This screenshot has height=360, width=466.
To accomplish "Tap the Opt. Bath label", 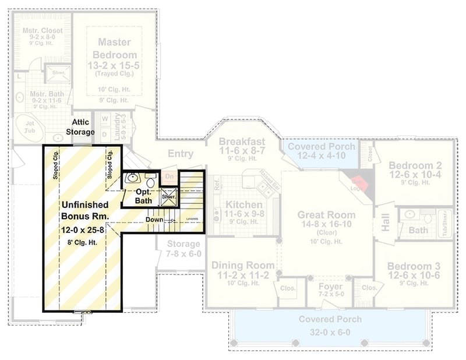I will click(143, 196).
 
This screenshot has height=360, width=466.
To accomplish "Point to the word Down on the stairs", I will click(154, 220).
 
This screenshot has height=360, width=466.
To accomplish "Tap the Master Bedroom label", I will click(114, 48).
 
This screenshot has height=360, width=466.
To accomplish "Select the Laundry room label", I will click(118, 125).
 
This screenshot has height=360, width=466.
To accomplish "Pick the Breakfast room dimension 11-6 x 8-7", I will click(242, 151).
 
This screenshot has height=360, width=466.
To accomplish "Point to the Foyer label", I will click(330, 287).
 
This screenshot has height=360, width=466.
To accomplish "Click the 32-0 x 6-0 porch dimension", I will click(330, 334).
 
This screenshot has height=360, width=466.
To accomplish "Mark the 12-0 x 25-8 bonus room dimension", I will click(85, 230).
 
